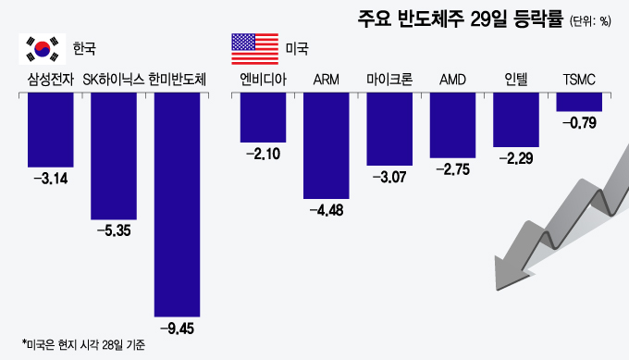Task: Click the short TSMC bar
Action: pos(579,102)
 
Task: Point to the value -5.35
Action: pos(115,229)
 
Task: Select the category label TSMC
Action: pos(579,79)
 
